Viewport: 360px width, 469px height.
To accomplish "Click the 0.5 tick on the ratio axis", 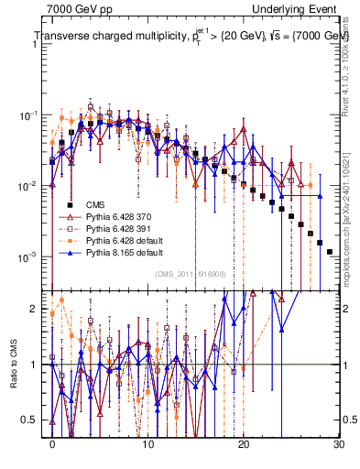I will tap(34, 420).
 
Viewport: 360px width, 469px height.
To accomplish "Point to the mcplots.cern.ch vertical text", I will tap(350, 238).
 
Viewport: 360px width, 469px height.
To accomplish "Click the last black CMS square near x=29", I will tap(329, 251).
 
